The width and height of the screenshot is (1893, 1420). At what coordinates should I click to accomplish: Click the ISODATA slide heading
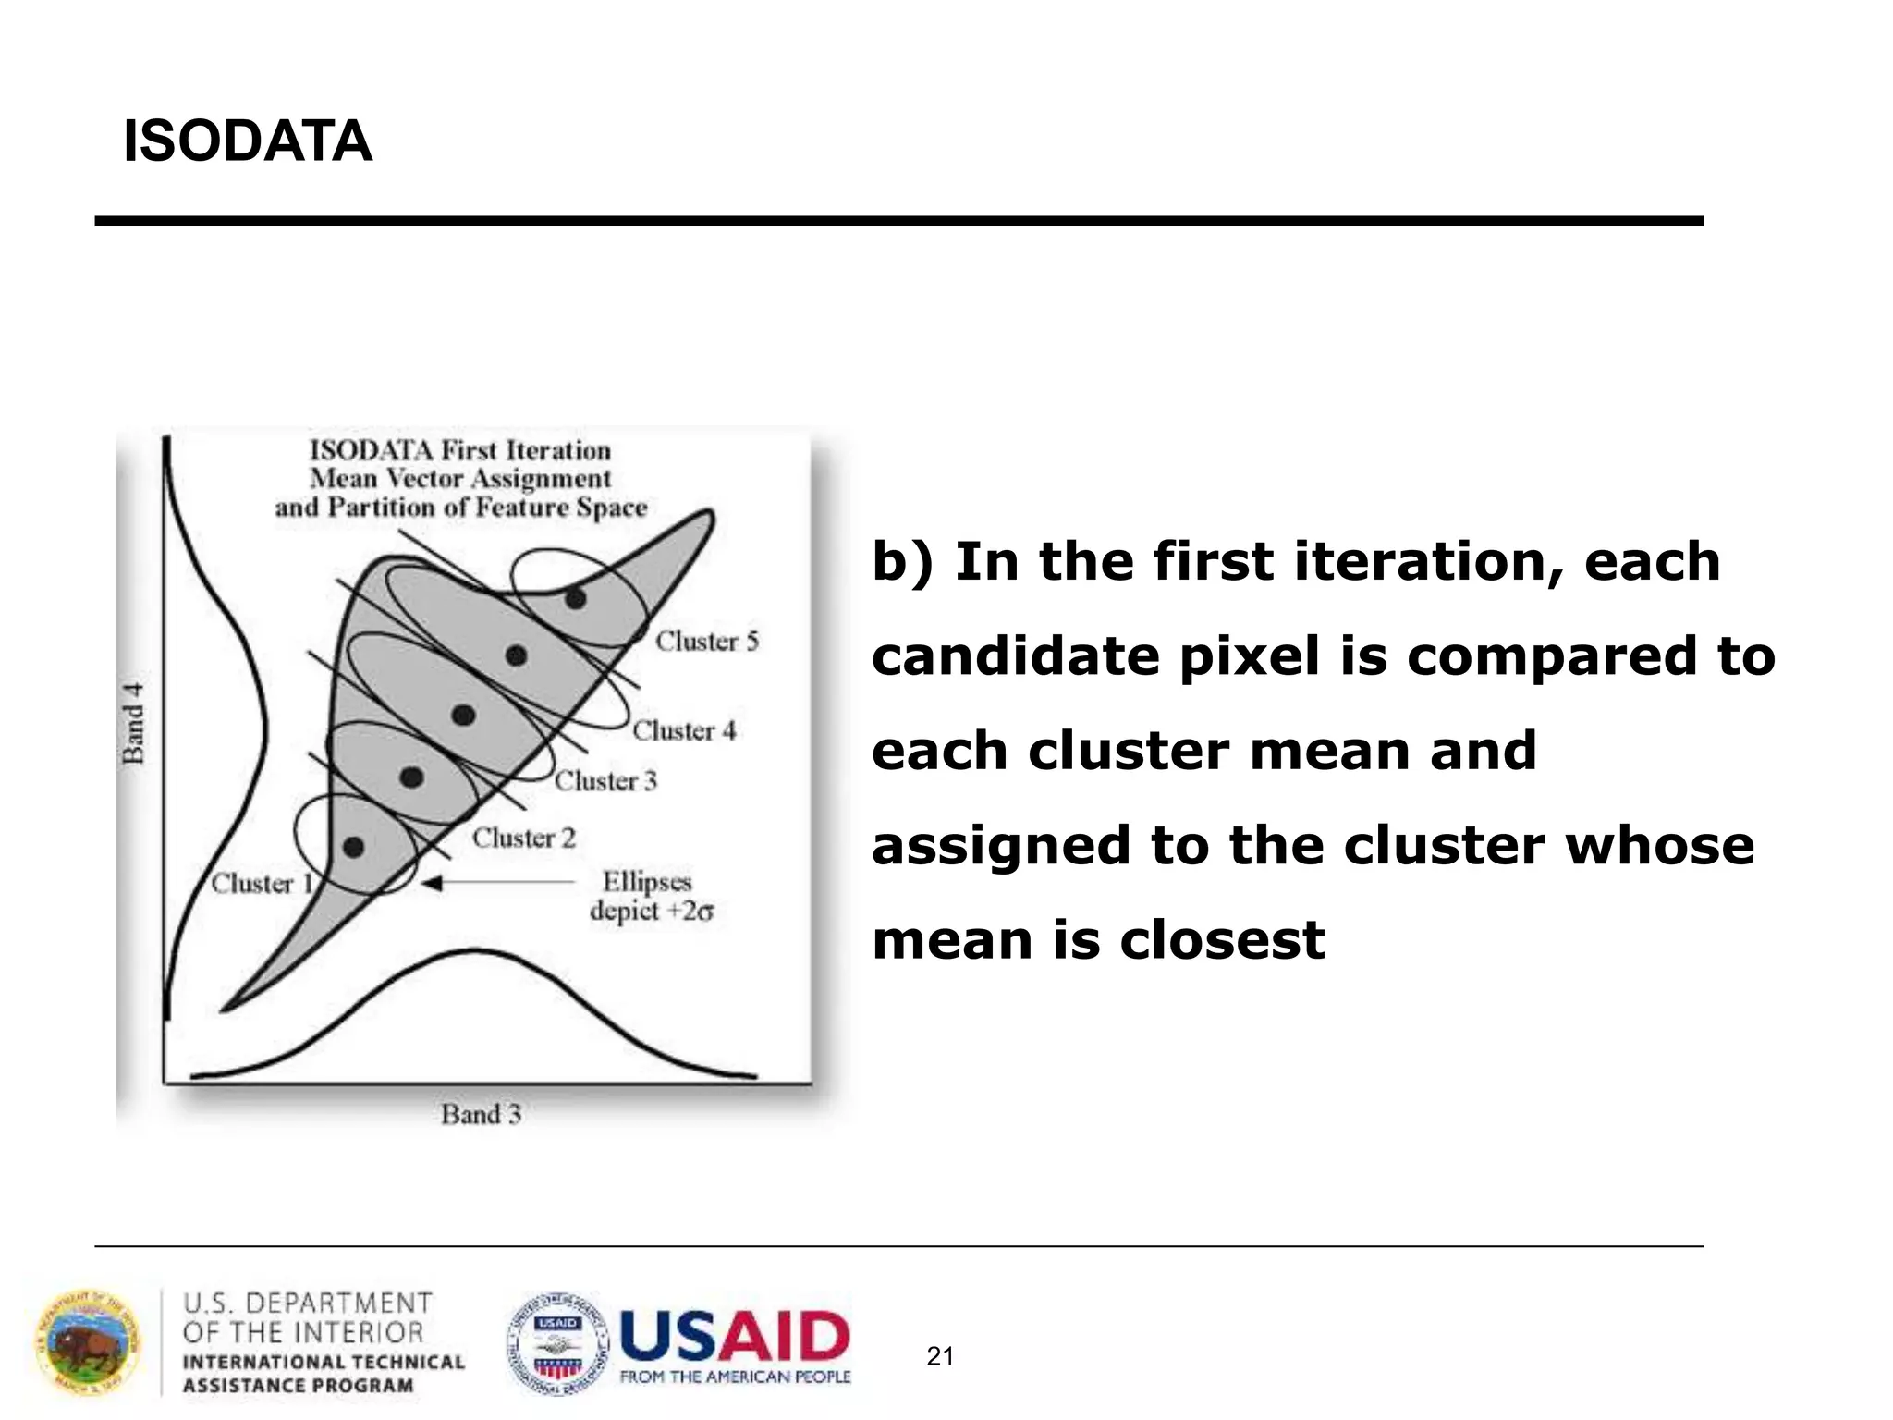tap(247, 141)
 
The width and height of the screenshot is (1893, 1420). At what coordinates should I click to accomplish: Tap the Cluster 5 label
tap(707, 641)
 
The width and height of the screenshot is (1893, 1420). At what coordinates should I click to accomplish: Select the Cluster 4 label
tap(684, 730)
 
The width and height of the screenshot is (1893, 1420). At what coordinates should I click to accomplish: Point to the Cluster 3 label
tap(605, 780)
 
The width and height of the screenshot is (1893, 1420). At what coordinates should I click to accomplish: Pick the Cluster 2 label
tap(523, 838)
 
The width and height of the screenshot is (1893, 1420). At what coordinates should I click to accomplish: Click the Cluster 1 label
tap(262, 883)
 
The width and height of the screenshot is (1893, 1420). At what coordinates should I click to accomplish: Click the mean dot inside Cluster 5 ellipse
tap(575, 598)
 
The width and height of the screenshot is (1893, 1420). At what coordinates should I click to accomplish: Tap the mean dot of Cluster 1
tap(353, 846)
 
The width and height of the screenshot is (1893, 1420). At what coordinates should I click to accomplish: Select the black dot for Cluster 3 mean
tap(463, 715)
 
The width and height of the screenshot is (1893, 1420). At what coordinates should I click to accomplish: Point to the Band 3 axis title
tap(481, 1114)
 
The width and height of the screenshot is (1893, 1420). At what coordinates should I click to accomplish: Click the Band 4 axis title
tap(134, 723)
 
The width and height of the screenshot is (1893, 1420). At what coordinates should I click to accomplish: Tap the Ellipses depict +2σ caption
tap(650, 896)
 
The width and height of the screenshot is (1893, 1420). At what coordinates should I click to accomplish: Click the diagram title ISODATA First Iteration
tap(460, 450)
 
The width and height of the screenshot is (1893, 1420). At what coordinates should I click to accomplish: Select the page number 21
tap(940, 1356)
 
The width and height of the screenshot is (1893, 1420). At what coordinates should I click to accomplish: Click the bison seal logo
tap(89, 1343)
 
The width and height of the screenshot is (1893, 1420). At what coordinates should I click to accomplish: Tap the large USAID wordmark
tap(734, 1337)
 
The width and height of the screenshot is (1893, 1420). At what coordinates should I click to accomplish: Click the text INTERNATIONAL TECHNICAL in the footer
tap(324, 1362)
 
